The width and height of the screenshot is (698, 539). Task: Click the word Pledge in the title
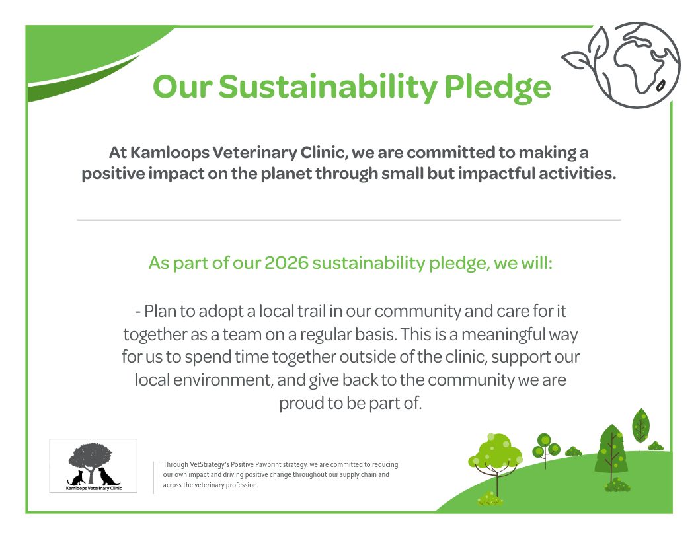point(497,87)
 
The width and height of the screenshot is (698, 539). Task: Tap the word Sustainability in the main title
point(328,87)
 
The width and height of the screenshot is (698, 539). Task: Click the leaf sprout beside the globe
point(584,49)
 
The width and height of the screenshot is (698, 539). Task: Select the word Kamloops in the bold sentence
point(170,153)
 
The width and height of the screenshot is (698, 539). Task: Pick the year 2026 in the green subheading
point(286,263)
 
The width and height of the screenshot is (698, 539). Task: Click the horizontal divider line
point(349,220)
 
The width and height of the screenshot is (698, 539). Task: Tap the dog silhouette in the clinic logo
point(108,476)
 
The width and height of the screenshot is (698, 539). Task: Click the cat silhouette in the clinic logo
point(76,478)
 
